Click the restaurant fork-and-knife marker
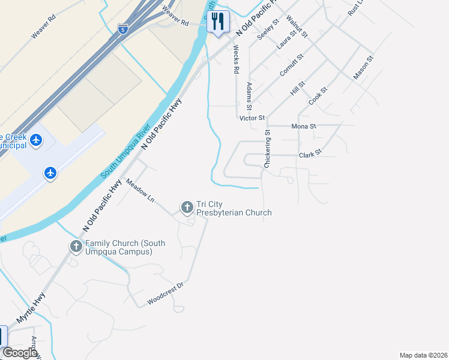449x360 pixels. [218, 22]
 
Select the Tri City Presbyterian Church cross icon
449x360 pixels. [187, 208]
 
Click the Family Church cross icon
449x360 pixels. [76, 246]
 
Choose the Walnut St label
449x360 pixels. [297, 26]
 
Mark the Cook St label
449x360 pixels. [318, 97]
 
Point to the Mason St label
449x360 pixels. [364, 67]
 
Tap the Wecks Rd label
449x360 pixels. [236, 59]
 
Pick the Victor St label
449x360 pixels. [252, 118]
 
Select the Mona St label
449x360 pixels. [303, 127]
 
